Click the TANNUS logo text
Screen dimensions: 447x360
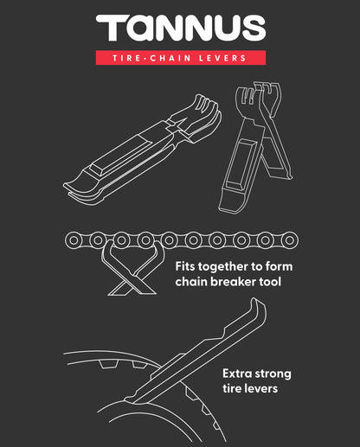180,29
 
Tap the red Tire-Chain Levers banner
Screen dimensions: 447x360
180,58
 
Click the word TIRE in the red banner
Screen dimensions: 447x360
128,58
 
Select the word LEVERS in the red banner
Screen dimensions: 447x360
223,58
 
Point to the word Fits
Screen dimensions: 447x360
187,267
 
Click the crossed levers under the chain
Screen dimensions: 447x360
130,264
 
